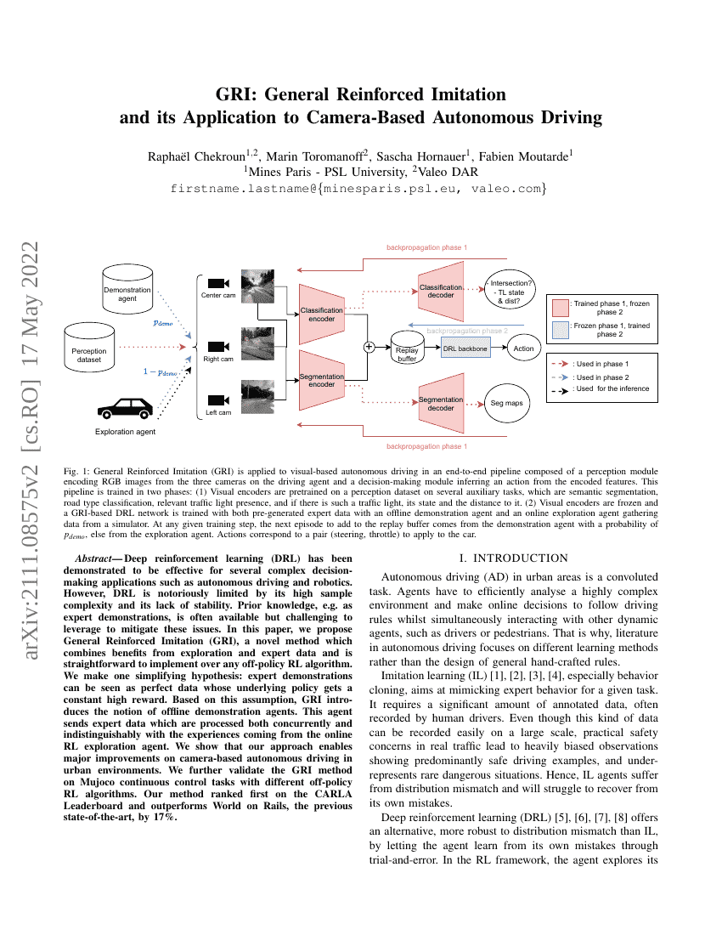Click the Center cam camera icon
218,282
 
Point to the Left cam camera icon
218,399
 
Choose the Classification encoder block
322,314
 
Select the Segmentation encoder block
322,380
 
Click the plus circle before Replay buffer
369,347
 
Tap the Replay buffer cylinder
407,351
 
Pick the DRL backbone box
465,348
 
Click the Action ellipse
524,348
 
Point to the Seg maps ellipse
508,403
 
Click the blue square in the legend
560,330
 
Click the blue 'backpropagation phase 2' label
466,330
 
